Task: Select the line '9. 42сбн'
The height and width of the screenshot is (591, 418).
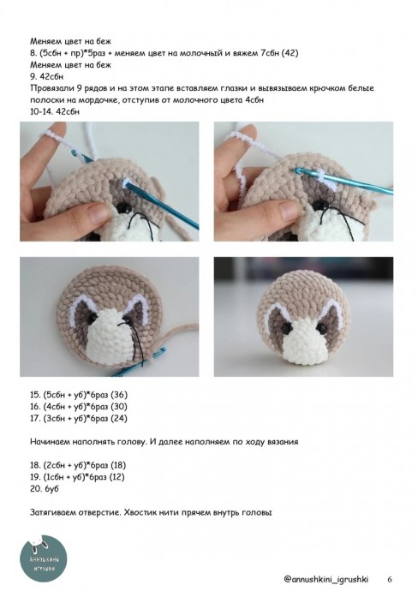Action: coord(47,76)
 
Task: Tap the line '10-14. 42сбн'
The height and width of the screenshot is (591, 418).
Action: coord(55,111)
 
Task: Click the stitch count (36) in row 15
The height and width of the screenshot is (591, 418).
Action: coord(119,395)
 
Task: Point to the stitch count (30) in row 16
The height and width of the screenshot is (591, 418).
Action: coord(119,406)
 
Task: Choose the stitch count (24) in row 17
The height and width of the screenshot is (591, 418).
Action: coord(119,418)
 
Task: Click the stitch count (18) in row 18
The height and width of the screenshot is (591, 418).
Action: coord(117,465)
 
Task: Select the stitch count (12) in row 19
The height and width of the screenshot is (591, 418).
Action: coord(116,476)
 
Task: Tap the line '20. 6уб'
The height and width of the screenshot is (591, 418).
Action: coord(44,488)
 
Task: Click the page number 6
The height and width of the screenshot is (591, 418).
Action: coord(390,579)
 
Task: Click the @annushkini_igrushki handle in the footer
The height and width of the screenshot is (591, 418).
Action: coord(325,579)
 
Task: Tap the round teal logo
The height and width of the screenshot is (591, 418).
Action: coord(43,559)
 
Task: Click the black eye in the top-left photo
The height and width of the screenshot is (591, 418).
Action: coord(122,207)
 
